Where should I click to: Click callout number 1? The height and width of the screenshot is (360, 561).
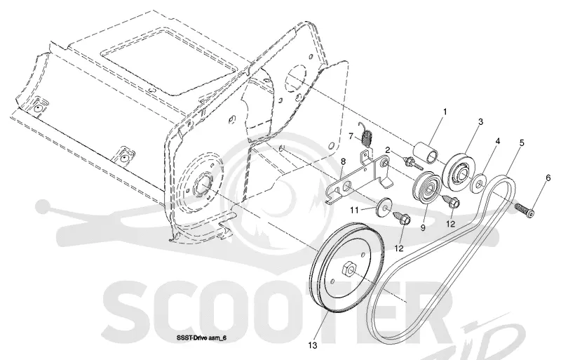445,112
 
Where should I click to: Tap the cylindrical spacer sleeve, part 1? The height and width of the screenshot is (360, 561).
426,153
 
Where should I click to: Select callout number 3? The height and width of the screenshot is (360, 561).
480,122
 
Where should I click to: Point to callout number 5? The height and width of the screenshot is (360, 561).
522,143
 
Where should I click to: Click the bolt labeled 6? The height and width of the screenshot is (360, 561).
524,211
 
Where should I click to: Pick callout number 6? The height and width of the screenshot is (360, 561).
548,179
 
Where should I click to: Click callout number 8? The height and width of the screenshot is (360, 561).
343,161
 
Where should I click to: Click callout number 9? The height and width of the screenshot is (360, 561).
423,227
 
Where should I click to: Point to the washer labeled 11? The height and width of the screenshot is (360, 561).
384,207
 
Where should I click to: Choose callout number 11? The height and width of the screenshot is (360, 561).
354,211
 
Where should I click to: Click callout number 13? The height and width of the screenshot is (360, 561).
312,345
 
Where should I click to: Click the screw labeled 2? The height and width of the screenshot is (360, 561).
413,163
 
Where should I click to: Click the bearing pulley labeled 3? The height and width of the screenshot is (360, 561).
458,170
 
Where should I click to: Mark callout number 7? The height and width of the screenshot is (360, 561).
351,136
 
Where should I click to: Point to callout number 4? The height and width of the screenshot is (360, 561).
497,141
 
